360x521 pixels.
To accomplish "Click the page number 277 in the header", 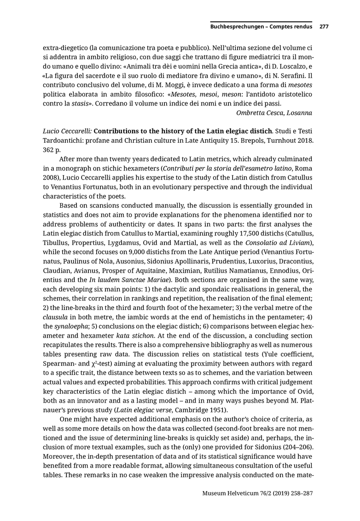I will pyautogui.click(x=324, y=27).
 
